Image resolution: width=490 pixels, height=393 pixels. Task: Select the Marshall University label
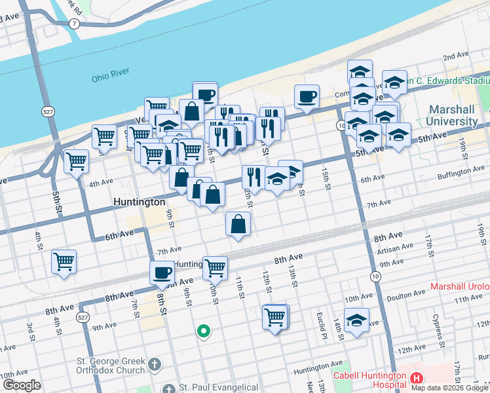click(453, 115)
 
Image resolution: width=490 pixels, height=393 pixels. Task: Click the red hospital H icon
click(417, 378)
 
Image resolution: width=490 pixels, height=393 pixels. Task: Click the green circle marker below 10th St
click(204, 331)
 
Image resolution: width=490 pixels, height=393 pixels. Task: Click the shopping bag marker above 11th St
click(238, 224)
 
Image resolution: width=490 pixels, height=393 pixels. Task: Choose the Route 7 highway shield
click(75, 24)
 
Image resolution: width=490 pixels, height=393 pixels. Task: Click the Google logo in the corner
click(21, 385)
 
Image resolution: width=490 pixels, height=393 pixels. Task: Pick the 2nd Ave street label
click(456, 58)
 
